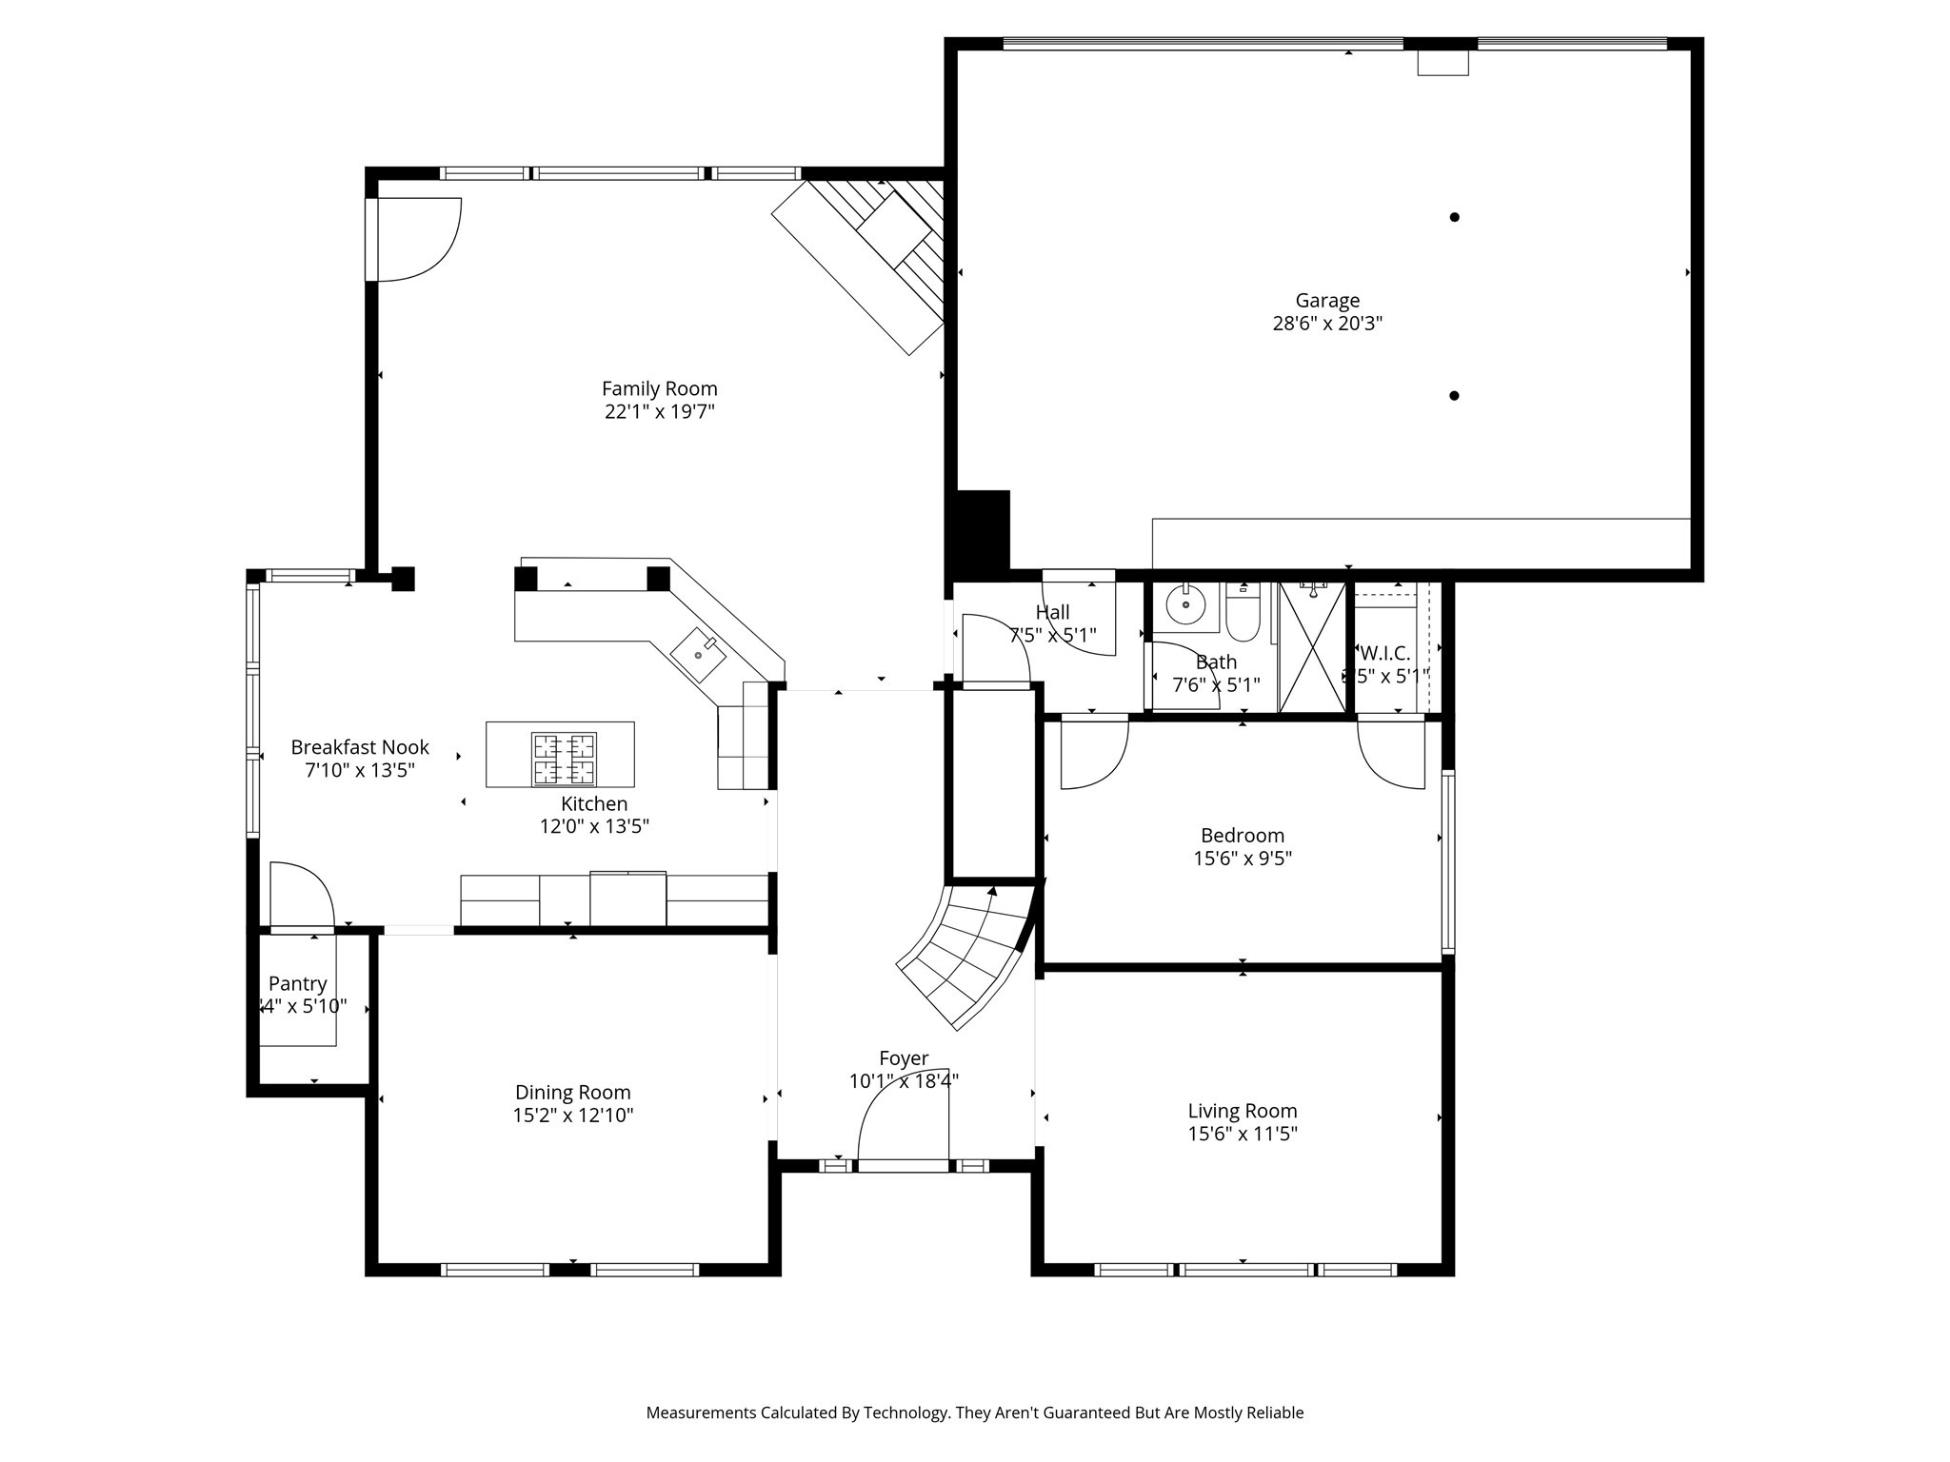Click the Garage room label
pyautogui.click(x=1326, y=301)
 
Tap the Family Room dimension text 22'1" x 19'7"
pyautogui.click(x=659, y=412)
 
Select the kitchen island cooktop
pyautogui.click(x=564, y=759)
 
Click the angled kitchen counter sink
pyautogui.click(x=698, y=656)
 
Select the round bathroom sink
pyautogui.click(x=1185, y=604)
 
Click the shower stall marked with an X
pyautogui.click(x=1312, y=647)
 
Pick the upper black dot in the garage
pyautogui.click(x=1454, y=217)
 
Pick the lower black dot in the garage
pyautogui.click(x=1454, y=396)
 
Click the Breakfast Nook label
pyautogui.click(x=360, y=747)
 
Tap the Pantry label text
pyautogui.click(x=297, y=983)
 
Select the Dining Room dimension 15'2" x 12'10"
pyautogui.click(x=572, y=1116)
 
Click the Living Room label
pyautogui.click(x=1242, y=1111)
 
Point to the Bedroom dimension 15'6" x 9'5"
pyautogui.click(x=1242, y=859)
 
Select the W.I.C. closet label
pyautogui.click(x=1384, y=654)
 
